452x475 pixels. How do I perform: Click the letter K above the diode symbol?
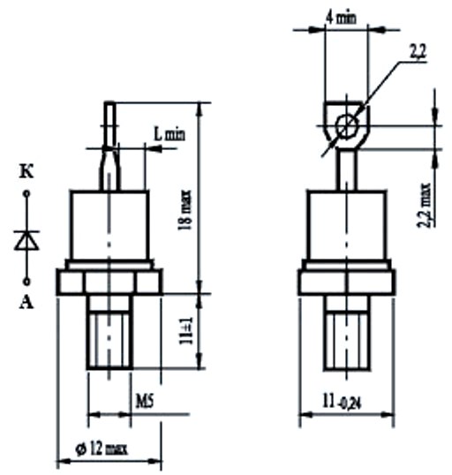point(26,172)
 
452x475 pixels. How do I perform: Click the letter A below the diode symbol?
point(26,302)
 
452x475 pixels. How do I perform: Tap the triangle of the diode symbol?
point(26,241)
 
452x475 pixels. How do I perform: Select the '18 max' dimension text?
point(185,210)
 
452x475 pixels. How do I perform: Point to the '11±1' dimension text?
point(186,331)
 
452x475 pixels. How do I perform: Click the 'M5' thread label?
point(145,402)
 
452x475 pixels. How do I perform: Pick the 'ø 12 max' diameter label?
point(102,449)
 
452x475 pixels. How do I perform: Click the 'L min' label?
point(169,133)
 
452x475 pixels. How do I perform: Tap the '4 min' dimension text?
point(341,18)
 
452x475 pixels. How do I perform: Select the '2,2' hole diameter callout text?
point(418,52)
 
